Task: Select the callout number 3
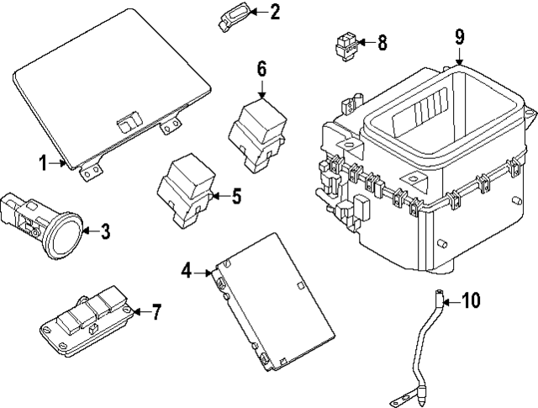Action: pos(105,231)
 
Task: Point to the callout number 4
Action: pos(187,270)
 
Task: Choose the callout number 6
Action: pos(261,66)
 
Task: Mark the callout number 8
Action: pos(382,41)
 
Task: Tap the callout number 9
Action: pos(460,36)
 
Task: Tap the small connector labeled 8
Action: pos(345,45)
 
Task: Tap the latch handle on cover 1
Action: pos(128,121)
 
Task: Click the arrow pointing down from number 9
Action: pos(460,57)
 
